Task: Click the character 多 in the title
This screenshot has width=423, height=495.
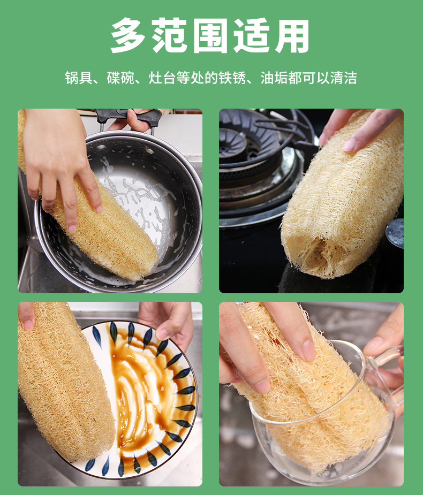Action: click(130, 36)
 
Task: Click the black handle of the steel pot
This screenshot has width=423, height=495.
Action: click(129, 115)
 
